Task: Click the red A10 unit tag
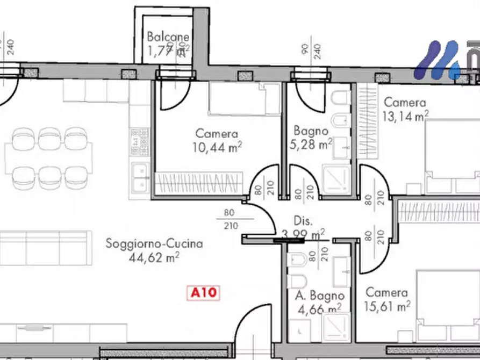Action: [x=204, y=293]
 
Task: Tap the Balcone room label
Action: [x=168, y=37]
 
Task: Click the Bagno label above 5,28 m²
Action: [x=311, y=131]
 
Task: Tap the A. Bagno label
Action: [x=319, y=296]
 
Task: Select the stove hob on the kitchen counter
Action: [x=140, y=141]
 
